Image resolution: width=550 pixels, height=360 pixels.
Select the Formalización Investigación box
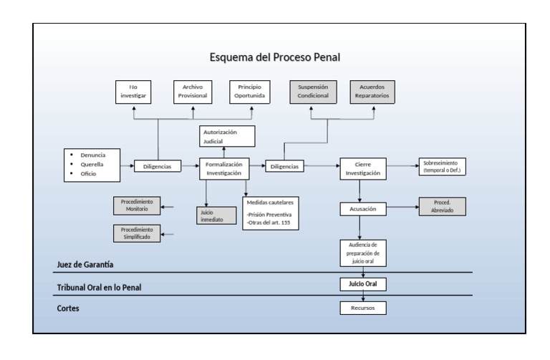(x=223, y=167)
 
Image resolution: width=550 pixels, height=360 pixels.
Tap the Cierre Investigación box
(x=362, y=167)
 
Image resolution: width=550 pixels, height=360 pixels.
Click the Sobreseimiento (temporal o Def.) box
(x=441, y=167)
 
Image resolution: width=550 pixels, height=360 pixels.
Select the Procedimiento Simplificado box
(x=136, y=233)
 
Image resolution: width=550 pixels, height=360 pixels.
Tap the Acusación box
(x=362, y=208)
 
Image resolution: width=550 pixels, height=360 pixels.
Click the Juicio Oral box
(x=362, y=284)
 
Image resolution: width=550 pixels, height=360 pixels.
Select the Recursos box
(x=362, y=308)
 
